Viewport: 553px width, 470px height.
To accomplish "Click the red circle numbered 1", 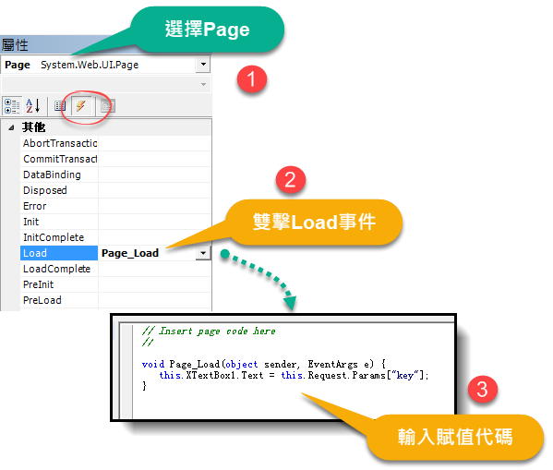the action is click(x=251, y=78).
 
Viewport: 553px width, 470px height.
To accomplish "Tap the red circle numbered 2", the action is click(x=290, y=180).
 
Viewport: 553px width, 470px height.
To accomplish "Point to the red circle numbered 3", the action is click(x=482, y=390).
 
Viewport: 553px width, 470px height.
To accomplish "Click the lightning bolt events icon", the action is click(x=80, y=105).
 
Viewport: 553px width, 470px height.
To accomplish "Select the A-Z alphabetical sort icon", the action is click(x=33, y=105).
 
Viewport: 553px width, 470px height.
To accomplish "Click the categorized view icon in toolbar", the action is click(x=12, y=106).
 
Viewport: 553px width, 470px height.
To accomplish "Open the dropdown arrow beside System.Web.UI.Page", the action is click(x=203, y=65).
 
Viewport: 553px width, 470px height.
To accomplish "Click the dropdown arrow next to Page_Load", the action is click(x=203, y=253).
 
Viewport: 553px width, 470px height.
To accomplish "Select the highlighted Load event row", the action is click(x=59, y=253).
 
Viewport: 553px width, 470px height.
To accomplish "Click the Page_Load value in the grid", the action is click(x=130, y=253).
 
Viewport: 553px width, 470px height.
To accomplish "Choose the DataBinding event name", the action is click(x=52, y=175).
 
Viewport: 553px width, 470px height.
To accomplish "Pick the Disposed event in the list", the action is click(x=45, y=190).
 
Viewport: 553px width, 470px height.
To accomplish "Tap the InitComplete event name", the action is click(x=54, y=237).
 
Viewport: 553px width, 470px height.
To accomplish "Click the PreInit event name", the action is click(x=38, y=284).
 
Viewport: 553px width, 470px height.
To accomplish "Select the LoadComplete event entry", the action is click(x=57, y=269).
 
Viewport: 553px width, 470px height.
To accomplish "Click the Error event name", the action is click(x=34, y=206).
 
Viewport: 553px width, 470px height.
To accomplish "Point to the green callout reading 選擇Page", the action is click(x=208, y=30).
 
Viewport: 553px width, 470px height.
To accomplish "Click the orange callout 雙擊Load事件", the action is click(x=314, y=222).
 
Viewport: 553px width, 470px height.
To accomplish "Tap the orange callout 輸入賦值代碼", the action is click(x=455, y=437).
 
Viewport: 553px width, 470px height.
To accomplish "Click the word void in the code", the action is click(x=153, y=364).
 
